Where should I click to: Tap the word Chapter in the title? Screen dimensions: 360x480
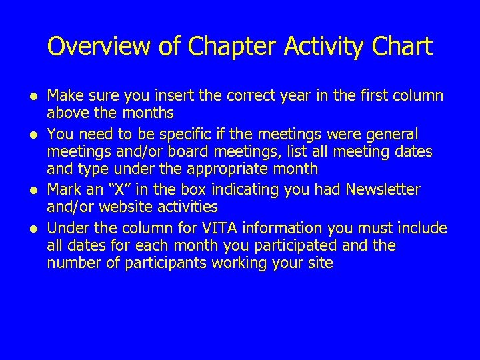point(223,47)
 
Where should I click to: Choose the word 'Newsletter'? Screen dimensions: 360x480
point(383,190)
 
